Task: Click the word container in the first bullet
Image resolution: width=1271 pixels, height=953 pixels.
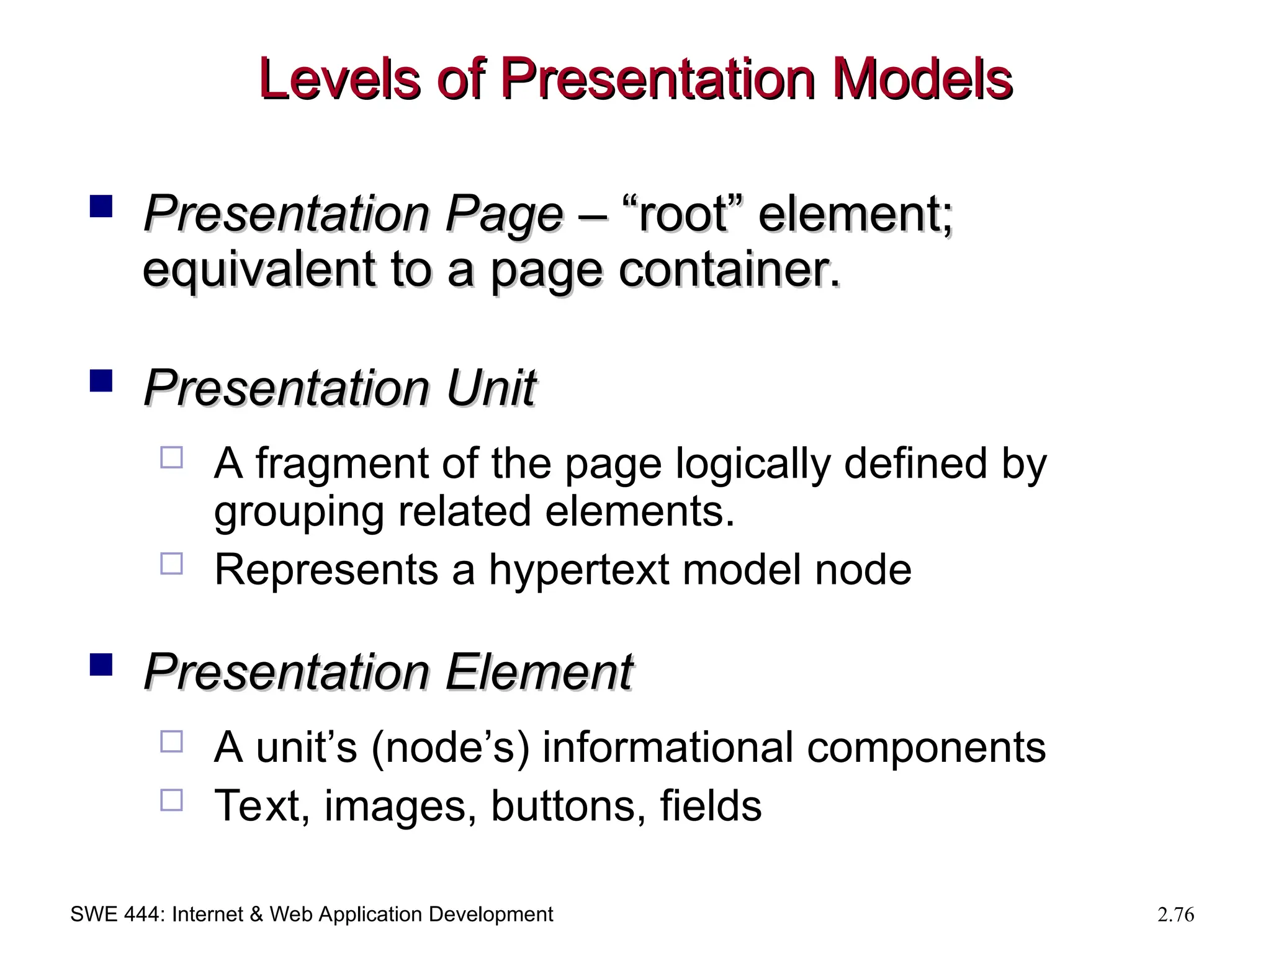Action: click(729, 270)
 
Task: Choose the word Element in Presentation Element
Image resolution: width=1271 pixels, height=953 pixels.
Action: click(539, 672)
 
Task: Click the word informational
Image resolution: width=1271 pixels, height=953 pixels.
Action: click(668, 747)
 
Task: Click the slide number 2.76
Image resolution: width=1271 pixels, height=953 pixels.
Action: click(1175, 915)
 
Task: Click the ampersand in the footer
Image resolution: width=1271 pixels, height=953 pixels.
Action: click(256, 915)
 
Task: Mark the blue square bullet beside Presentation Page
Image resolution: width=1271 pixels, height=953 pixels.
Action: click(101, 206)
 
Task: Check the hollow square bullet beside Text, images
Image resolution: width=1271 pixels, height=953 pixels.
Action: click(171, 800)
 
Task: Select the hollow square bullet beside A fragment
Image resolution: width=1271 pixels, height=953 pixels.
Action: click(171, 457)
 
